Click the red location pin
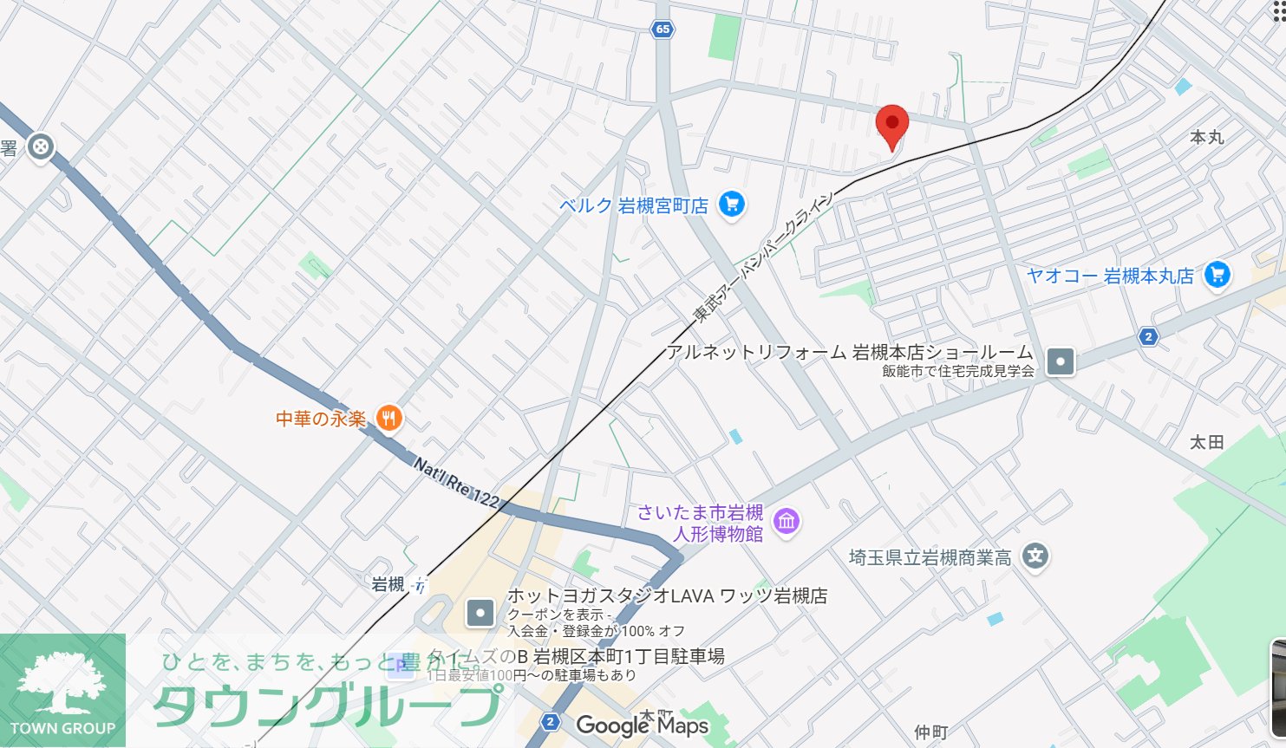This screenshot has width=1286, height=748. [891, 125]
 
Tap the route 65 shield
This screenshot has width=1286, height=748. [663, 29]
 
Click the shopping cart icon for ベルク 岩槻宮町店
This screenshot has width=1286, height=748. [732, 205]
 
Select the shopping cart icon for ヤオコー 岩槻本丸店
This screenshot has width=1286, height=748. [1217, 275]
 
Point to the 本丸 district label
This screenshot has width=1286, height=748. [1206, 137]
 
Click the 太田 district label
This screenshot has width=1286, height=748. [1205, 442]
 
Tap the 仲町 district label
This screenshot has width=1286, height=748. [930, 732]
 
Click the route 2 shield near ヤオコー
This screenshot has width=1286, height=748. [1148, 336]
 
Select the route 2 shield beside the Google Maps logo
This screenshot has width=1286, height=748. [550, 722]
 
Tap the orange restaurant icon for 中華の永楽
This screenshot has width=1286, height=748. [389, 419]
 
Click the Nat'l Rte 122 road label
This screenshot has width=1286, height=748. [456, 483]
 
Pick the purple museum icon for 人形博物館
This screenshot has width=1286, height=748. [787, 523]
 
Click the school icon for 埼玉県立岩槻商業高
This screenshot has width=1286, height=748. [1035, 556]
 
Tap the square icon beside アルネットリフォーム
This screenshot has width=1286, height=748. [1060, 361]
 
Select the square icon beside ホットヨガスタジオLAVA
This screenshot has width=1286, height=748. [480, 614]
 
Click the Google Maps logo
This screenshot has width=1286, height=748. [642, 725]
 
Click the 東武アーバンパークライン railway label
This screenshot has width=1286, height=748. [762, 258]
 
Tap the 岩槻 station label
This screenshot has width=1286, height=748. [388, 585]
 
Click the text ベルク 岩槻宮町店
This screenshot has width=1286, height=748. [634, 205]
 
